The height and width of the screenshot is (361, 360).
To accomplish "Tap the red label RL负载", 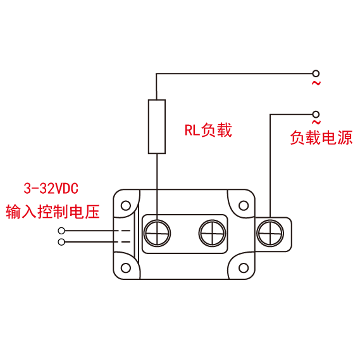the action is (208, 130).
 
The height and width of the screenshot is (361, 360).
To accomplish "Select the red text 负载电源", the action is (321, 137).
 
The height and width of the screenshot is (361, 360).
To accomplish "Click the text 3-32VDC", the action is (51, 188).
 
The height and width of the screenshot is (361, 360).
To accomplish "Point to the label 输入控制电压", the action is (53, 212).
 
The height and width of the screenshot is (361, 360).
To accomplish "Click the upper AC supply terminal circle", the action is (316, 73).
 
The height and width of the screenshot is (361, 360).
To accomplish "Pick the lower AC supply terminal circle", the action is (316, 114).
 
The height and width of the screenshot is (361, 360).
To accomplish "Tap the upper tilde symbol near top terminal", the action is (316, 83).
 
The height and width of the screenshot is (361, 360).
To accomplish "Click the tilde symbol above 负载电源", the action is (316, 122).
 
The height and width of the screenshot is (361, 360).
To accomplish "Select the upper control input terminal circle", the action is (61, 231).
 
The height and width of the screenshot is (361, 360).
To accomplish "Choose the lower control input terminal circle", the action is (61, 242).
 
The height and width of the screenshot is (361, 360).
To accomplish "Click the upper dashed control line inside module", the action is (122, 231).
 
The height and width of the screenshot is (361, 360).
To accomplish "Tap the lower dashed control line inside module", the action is (122, 242).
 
